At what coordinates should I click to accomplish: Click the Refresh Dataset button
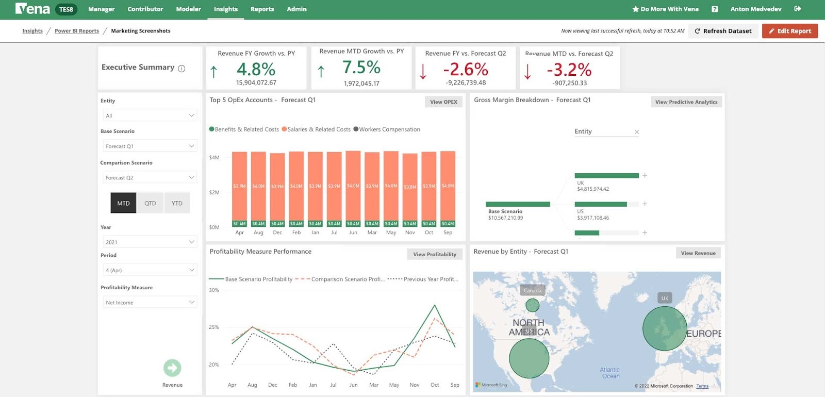point(723,31)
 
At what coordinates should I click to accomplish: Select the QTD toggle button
point(150,203)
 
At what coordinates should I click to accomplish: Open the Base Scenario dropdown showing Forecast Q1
point(150,146)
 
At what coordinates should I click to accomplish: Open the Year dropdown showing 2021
point(150,242)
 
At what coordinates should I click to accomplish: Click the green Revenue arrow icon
point(172,368)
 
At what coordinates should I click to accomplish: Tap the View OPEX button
point(443,102)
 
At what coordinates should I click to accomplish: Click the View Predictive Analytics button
point(686,102)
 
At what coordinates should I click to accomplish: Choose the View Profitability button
point(434,254)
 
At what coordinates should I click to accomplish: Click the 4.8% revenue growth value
point(256,69)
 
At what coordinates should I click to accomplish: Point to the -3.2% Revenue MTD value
point(569,70)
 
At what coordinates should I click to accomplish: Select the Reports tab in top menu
point(262,9)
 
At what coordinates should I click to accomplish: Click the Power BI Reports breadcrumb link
point(77,31)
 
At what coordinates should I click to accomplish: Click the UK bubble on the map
point(665,328)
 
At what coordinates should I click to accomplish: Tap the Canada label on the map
point(533,291)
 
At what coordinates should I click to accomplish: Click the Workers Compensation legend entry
point(389,129)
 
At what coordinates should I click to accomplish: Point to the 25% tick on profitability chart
point(214,327)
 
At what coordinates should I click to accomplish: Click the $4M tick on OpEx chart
point(214,158)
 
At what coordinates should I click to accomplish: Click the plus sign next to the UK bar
point(645,175)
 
